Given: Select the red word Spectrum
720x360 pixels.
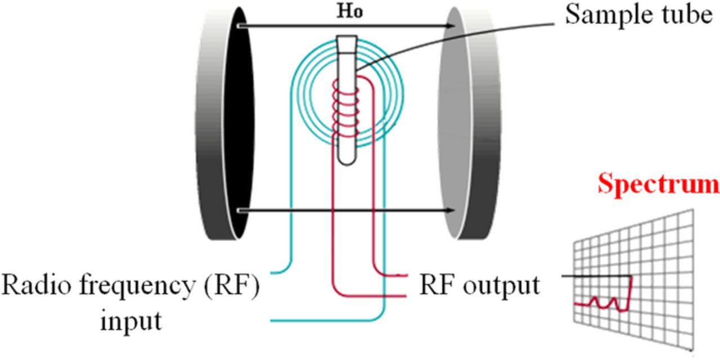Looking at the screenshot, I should tap(658, 184).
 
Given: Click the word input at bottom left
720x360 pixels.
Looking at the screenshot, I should tap(130, 321).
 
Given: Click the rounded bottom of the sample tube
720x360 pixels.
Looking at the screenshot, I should tap(345, 160).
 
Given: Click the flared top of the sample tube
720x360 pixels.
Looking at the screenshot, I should tap(345, 41).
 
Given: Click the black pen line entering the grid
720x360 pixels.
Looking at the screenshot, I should tap(596, 276).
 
